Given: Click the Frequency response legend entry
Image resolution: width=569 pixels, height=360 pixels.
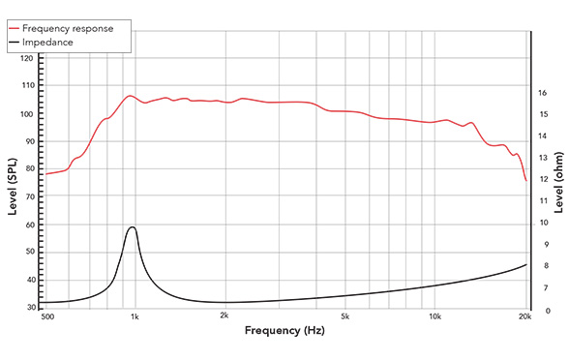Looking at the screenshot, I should [x=73, y=29].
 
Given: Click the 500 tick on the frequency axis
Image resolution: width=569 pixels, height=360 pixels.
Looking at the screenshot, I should [x=46, y=316].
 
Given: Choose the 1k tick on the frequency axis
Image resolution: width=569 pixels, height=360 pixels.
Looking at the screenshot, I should [x=135, y=316].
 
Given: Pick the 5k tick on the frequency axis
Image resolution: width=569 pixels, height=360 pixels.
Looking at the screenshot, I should [x=344, y=316].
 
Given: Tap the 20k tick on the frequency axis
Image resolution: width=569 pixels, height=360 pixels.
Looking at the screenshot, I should [x=525, y=316].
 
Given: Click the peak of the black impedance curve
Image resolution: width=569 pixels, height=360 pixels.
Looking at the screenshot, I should [x=132, y=227].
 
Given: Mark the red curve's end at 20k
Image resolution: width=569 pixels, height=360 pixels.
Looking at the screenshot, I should [x=526, y=180].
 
